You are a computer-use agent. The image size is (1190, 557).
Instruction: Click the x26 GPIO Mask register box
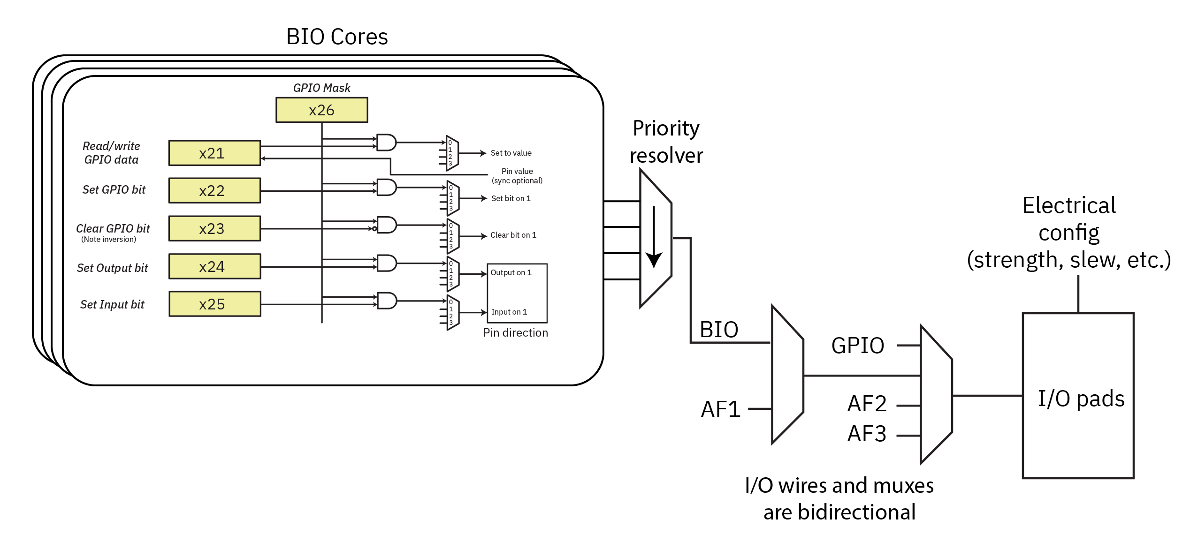point(321,110)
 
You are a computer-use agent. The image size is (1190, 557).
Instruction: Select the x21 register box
point(214,153)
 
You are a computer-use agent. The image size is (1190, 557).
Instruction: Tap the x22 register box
point(214,191)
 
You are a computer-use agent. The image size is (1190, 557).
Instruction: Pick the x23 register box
point(214,229)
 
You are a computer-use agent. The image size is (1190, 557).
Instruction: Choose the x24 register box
point(214,267)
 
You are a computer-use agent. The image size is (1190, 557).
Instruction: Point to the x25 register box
point(214,304)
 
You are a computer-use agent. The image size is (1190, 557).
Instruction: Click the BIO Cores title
point(337,37)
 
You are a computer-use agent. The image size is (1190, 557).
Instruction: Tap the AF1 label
point(720,409)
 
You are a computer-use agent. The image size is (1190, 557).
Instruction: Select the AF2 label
point(867,404)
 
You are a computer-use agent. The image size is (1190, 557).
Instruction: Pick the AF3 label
point(867,434)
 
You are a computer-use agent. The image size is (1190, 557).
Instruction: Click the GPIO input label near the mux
point(857,346)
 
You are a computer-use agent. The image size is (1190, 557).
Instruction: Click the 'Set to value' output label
point(511,153)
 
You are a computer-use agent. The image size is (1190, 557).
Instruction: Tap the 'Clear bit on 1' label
point(513,235)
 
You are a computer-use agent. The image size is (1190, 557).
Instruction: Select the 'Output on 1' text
point(511,272)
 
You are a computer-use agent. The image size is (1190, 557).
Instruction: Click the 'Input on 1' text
point(509,312)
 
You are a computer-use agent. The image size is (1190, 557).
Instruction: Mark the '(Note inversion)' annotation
point(108,239)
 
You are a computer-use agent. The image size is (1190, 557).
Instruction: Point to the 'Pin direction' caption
point(515,332)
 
